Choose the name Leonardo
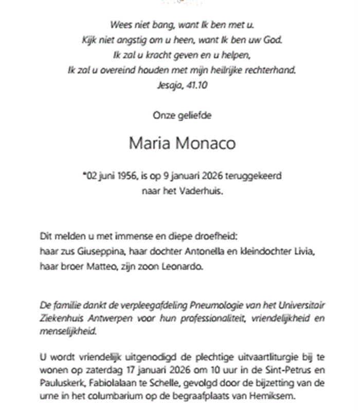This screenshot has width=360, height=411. [183, 267]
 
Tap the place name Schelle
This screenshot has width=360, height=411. [154, 383]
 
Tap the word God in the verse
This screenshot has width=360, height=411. [276, 39]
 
